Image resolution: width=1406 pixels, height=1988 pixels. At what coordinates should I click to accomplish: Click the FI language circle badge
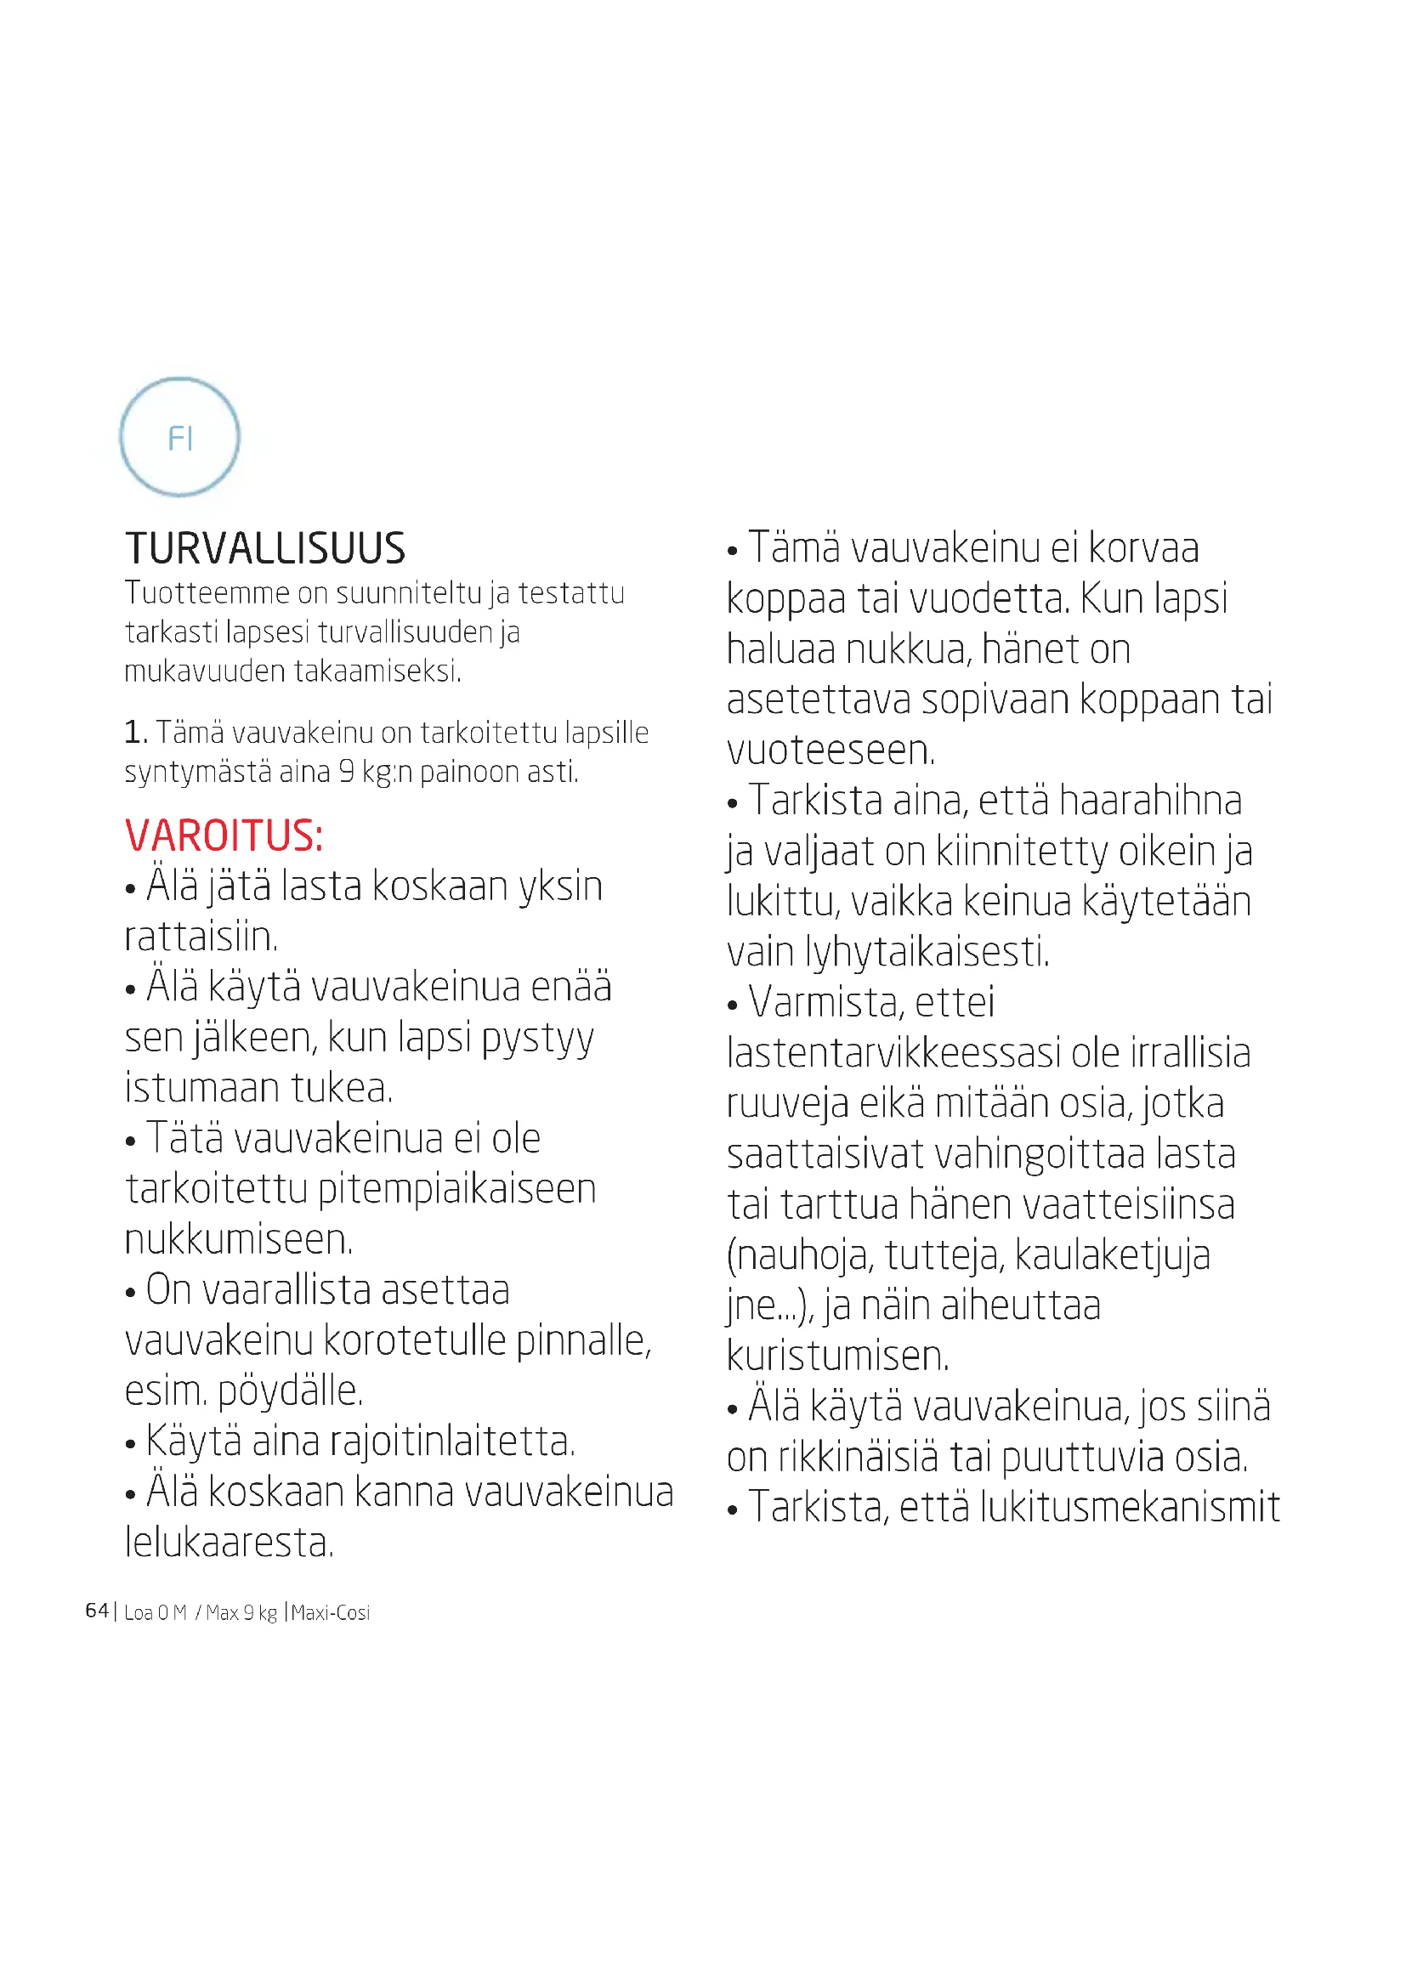click(179, 437)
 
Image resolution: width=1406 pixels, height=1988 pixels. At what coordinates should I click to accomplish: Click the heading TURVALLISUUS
click(265, 549)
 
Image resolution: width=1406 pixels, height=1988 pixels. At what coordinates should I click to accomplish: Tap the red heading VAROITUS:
click(224, 835)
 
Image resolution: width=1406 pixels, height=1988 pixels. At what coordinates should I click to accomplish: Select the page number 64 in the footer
click(96, 1611)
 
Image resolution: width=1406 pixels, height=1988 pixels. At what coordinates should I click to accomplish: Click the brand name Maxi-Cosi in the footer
click(331, 1612)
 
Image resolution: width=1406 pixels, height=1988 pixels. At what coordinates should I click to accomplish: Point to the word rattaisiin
click(201, 937)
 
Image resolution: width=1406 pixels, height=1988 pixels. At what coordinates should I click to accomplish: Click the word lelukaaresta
click(229, 1542)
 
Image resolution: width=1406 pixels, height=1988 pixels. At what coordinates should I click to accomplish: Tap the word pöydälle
click(290, 1391)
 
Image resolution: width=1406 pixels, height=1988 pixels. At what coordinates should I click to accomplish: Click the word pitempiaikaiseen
click(456, 1190)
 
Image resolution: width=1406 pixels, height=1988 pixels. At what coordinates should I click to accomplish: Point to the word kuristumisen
click(837, 1356)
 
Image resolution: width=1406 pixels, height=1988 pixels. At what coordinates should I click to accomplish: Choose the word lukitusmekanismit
click(1130, 1508)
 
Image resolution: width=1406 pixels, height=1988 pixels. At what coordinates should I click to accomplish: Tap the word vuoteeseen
click(831, 750)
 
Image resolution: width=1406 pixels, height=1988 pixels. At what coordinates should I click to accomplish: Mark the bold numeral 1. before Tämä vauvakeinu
click(135, 733)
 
